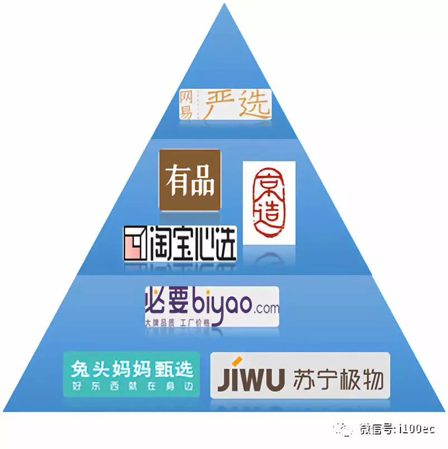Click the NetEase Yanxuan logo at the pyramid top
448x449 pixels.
point(225,104)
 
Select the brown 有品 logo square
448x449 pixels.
point(190,180)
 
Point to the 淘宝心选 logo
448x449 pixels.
point(180,245)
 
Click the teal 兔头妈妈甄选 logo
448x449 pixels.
point(132,374)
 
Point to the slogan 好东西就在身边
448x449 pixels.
point(132,386)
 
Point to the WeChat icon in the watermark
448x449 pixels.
point(343,429)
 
